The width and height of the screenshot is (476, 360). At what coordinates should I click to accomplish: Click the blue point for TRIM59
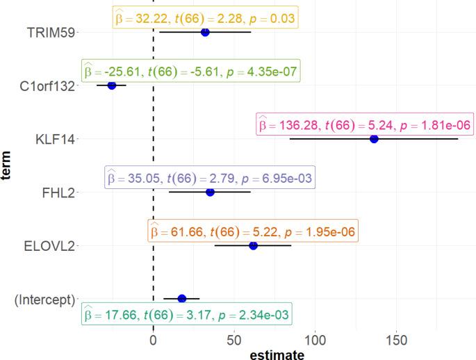(x=205, y=32)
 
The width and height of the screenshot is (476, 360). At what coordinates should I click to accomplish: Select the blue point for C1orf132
(x=112, y=85)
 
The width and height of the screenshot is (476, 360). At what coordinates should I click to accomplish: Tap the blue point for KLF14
(x=374, y=139)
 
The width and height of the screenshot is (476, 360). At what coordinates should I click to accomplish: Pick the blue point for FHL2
(x=210, y=193)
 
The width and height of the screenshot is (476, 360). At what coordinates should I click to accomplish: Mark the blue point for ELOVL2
(x=253, y=245)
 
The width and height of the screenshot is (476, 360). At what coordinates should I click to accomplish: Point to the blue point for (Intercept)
(x=182, y=299)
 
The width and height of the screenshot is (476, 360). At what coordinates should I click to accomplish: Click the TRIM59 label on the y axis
(x=51, y=32)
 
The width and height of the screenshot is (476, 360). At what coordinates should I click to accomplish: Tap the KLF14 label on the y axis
(x=56, y=139)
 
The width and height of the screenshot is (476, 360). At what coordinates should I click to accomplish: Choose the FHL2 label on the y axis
(x=59, y=193)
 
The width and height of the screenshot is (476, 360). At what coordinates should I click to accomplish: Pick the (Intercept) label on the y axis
(x=44, y=300)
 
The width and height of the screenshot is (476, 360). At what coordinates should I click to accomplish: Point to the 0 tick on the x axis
(x=153, y=340)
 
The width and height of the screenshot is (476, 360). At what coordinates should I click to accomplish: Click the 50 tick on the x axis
(x=234, y=340)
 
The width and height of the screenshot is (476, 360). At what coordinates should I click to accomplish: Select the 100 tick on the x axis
(x=315, y=340)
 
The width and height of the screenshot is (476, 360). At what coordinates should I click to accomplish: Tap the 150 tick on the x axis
(x=396, y=340)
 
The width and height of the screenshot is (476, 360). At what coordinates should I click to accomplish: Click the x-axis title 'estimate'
(x=277, y=354)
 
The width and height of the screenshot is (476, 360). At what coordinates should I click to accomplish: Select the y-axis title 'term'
(x=8, y=165)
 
